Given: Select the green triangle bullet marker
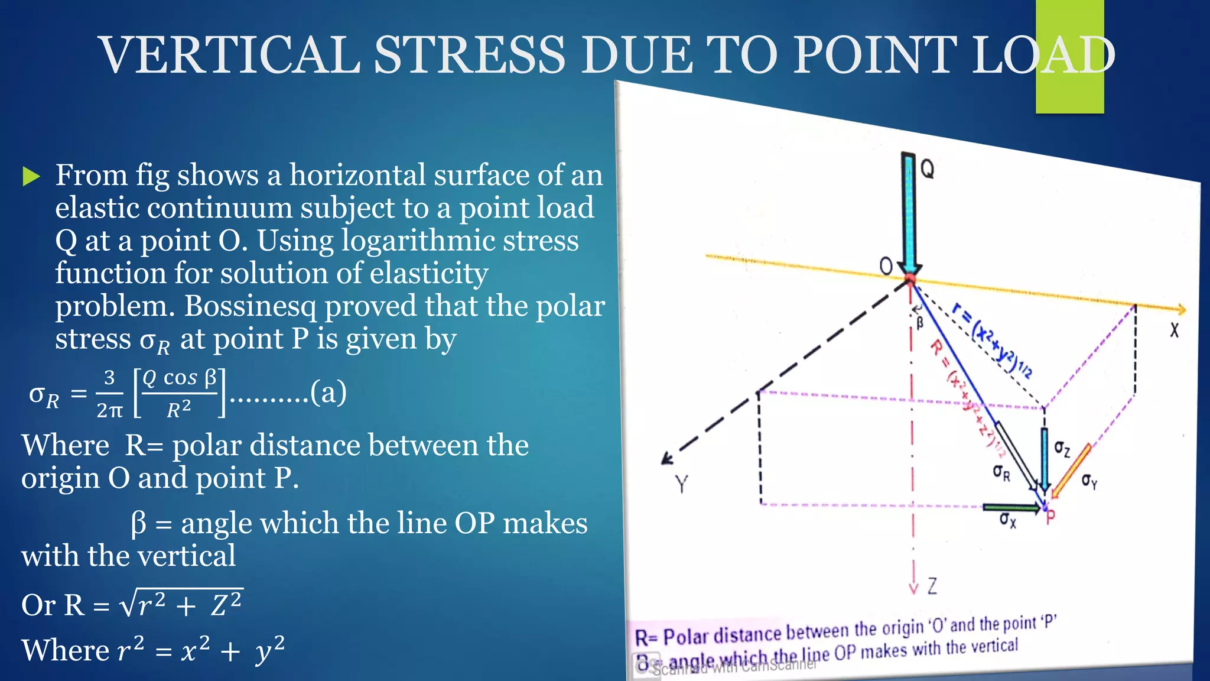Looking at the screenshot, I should pos(31,176).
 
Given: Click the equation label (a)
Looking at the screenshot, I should pos(328,393).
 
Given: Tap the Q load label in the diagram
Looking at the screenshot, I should pos(928,170).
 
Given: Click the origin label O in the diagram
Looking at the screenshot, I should pos(886,267).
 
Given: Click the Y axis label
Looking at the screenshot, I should pos(682,485).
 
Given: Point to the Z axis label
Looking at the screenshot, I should pos(932,586).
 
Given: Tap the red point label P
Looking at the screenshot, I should pos(1050,517).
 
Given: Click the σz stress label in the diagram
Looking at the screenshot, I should pos(1062,449).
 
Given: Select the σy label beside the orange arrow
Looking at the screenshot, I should pos(1089,481).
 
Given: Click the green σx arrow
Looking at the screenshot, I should pos(1010,507).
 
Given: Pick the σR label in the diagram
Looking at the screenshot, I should pos(1001,472).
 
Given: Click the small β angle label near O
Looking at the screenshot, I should pos(919,323).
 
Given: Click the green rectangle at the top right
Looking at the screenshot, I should pos(1069,57).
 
